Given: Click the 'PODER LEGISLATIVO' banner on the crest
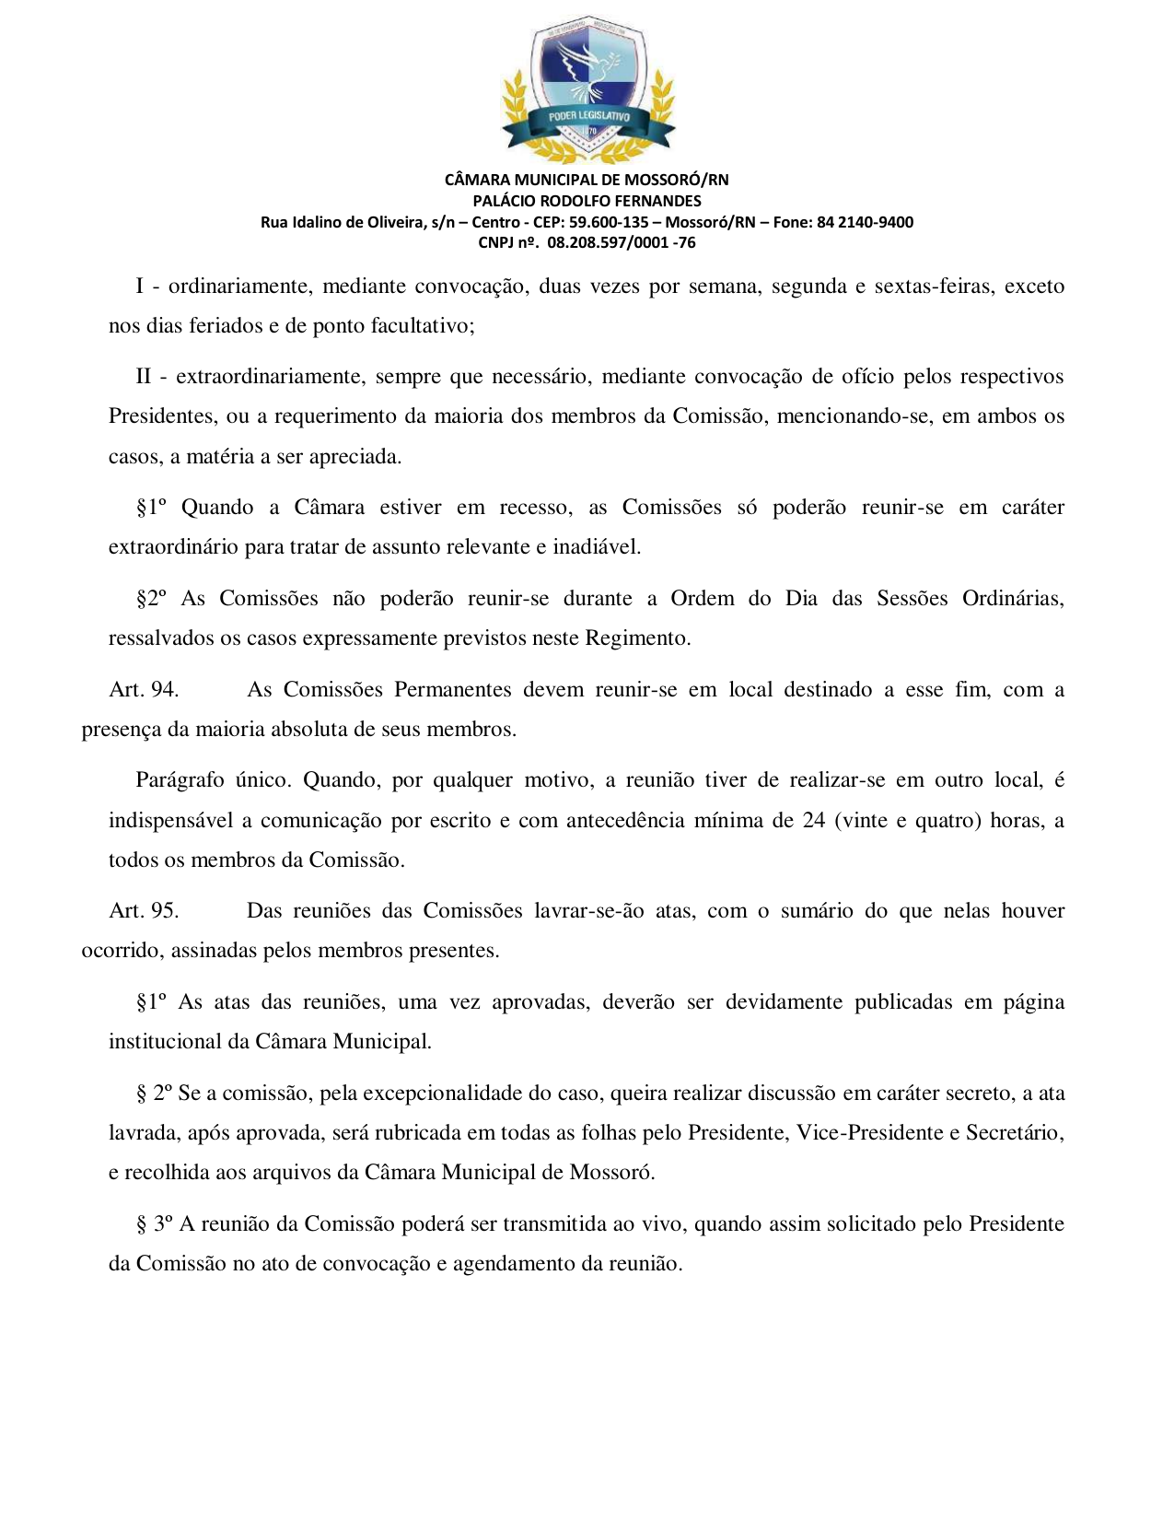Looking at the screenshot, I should pos(588,117).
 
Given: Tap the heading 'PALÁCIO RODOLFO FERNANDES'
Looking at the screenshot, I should pos(587,201).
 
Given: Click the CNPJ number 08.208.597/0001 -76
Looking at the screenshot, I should pos(622,243).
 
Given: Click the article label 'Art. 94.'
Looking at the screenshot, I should pos(144,690).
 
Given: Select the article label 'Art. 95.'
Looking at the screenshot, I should pos(144,911).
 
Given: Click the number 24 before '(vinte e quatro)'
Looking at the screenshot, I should pos(813,821).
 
